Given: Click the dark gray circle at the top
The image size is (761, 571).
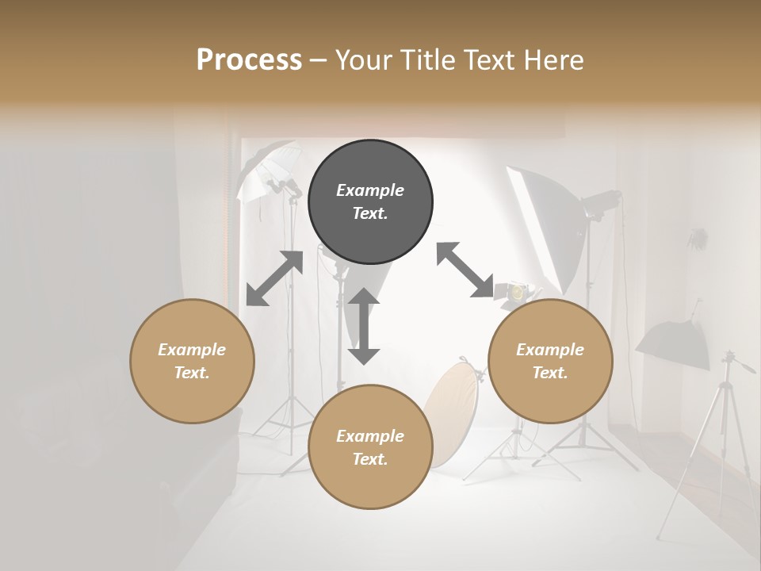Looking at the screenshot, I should coord(370,202).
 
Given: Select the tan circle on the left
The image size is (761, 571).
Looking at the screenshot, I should coord(192,361).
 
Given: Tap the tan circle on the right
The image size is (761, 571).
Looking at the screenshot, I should coord(550,361).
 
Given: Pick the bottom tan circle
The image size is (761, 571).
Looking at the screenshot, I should coord(370,447).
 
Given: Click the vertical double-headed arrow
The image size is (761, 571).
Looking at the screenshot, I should coord(364,326).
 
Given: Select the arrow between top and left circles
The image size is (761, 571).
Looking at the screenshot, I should coord(274,278).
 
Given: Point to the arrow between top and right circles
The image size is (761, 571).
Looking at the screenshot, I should coord(465,270).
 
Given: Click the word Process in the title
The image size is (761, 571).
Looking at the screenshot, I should coord(249,59).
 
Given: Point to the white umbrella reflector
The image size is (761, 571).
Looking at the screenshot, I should coord(266,167).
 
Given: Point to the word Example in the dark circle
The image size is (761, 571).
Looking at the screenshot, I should coord(370,190).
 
